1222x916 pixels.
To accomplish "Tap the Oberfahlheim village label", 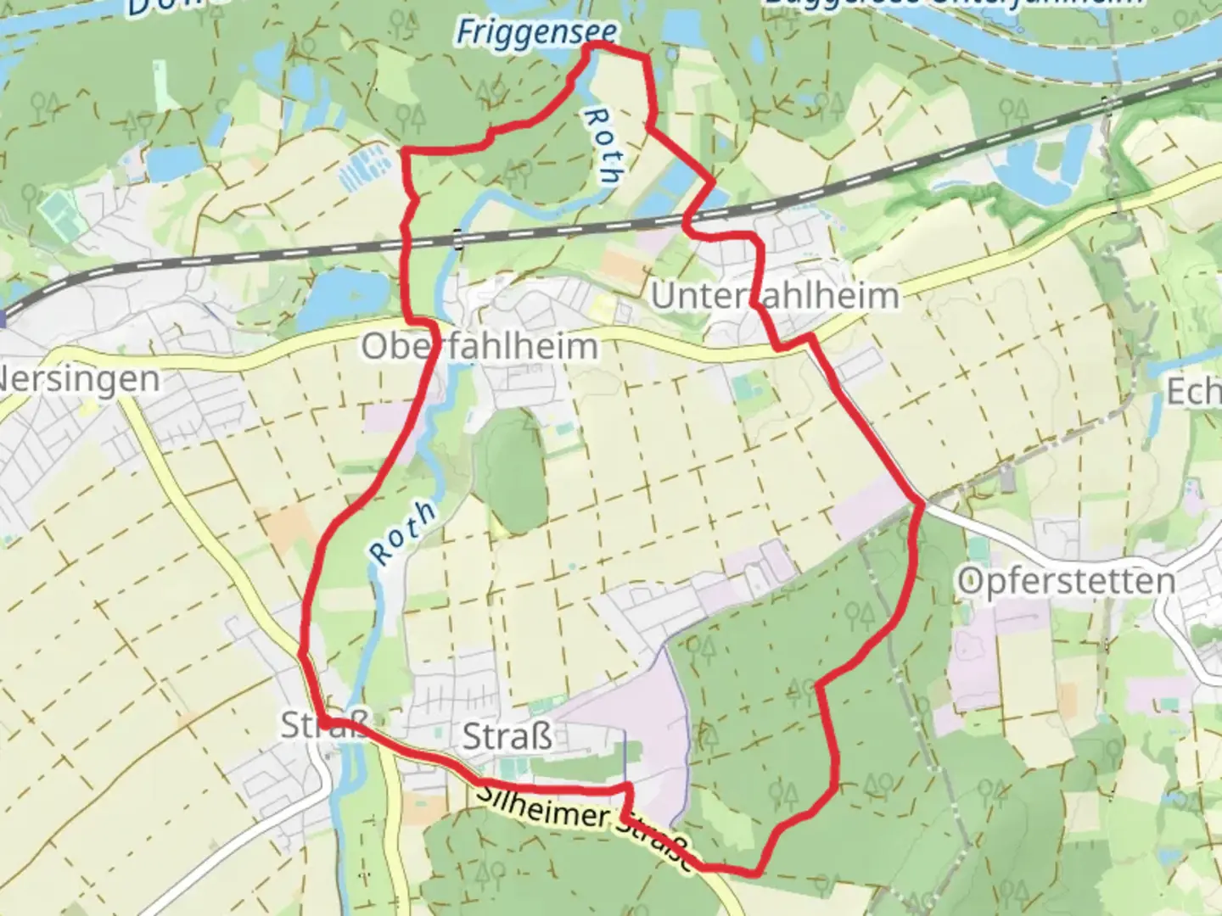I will [479, 347].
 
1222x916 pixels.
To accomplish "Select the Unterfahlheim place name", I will [774, 296].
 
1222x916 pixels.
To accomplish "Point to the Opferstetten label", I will [1066, 582].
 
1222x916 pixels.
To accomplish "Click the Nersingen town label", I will [78, 378].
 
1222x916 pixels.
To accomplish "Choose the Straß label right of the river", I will [507, 736].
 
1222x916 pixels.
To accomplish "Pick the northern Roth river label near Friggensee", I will [604, 146].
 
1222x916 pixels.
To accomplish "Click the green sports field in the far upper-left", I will [56, 209].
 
